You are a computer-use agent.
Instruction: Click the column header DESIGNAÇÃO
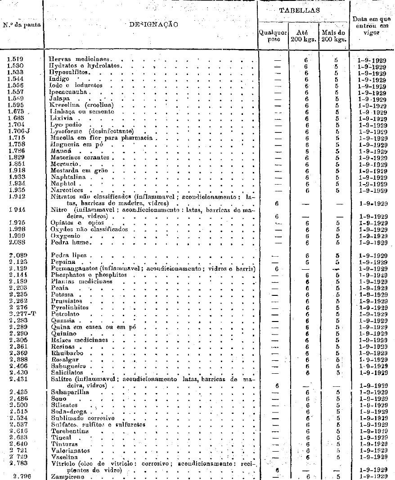pos(151,24)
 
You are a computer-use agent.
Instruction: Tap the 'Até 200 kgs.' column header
pos(302,36)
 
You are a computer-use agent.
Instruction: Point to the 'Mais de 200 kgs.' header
pos(334,36)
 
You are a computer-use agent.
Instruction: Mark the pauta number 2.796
pos(18,476)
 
